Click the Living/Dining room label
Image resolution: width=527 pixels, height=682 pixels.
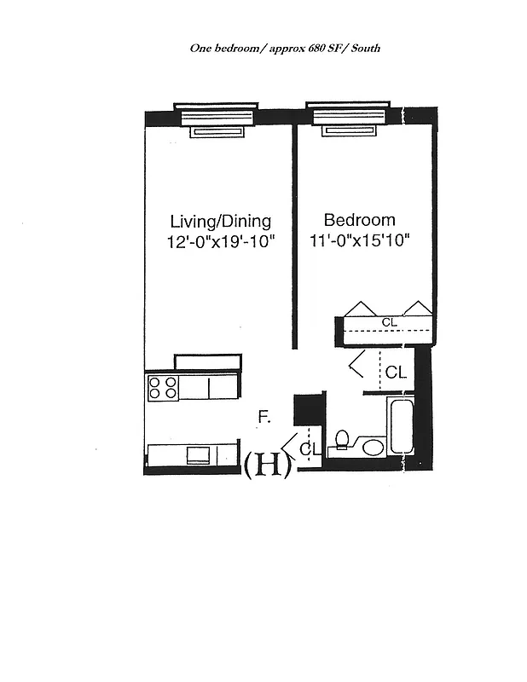220,220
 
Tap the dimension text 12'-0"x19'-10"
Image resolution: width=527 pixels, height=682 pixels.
220,241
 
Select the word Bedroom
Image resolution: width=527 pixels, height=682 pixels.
359,220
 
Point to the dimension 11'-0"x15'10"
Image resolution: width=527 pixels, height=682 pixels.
360,241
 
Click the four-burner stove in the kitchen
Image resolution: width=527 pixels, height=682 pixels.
163,388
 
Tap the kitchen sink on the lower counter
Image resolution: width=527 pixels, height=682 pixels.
198,454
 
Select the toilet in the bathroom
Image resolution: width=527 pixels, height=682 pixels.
342,440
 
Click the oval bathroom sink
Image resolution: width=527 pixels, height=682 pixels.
373,446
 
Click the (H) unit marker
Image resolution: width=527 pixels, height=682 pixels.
268,465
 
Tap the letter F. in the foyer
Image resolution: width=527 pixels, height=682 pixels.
265,417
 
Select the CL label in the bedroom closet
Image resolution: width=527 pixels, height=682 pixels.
389,321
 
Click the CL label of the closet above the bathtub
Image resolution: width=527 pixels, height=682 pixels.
396,373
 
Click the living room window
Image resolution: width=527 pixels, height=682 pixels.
216,118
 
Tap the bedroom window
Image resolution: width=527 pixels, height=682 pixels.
347,118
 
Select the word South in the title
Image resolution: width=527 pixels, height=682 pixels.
363,49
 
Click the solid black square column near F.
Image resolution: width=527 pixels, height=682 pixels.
305,409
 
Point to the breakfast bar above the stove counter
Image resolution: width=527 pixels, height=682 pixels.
208,361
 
